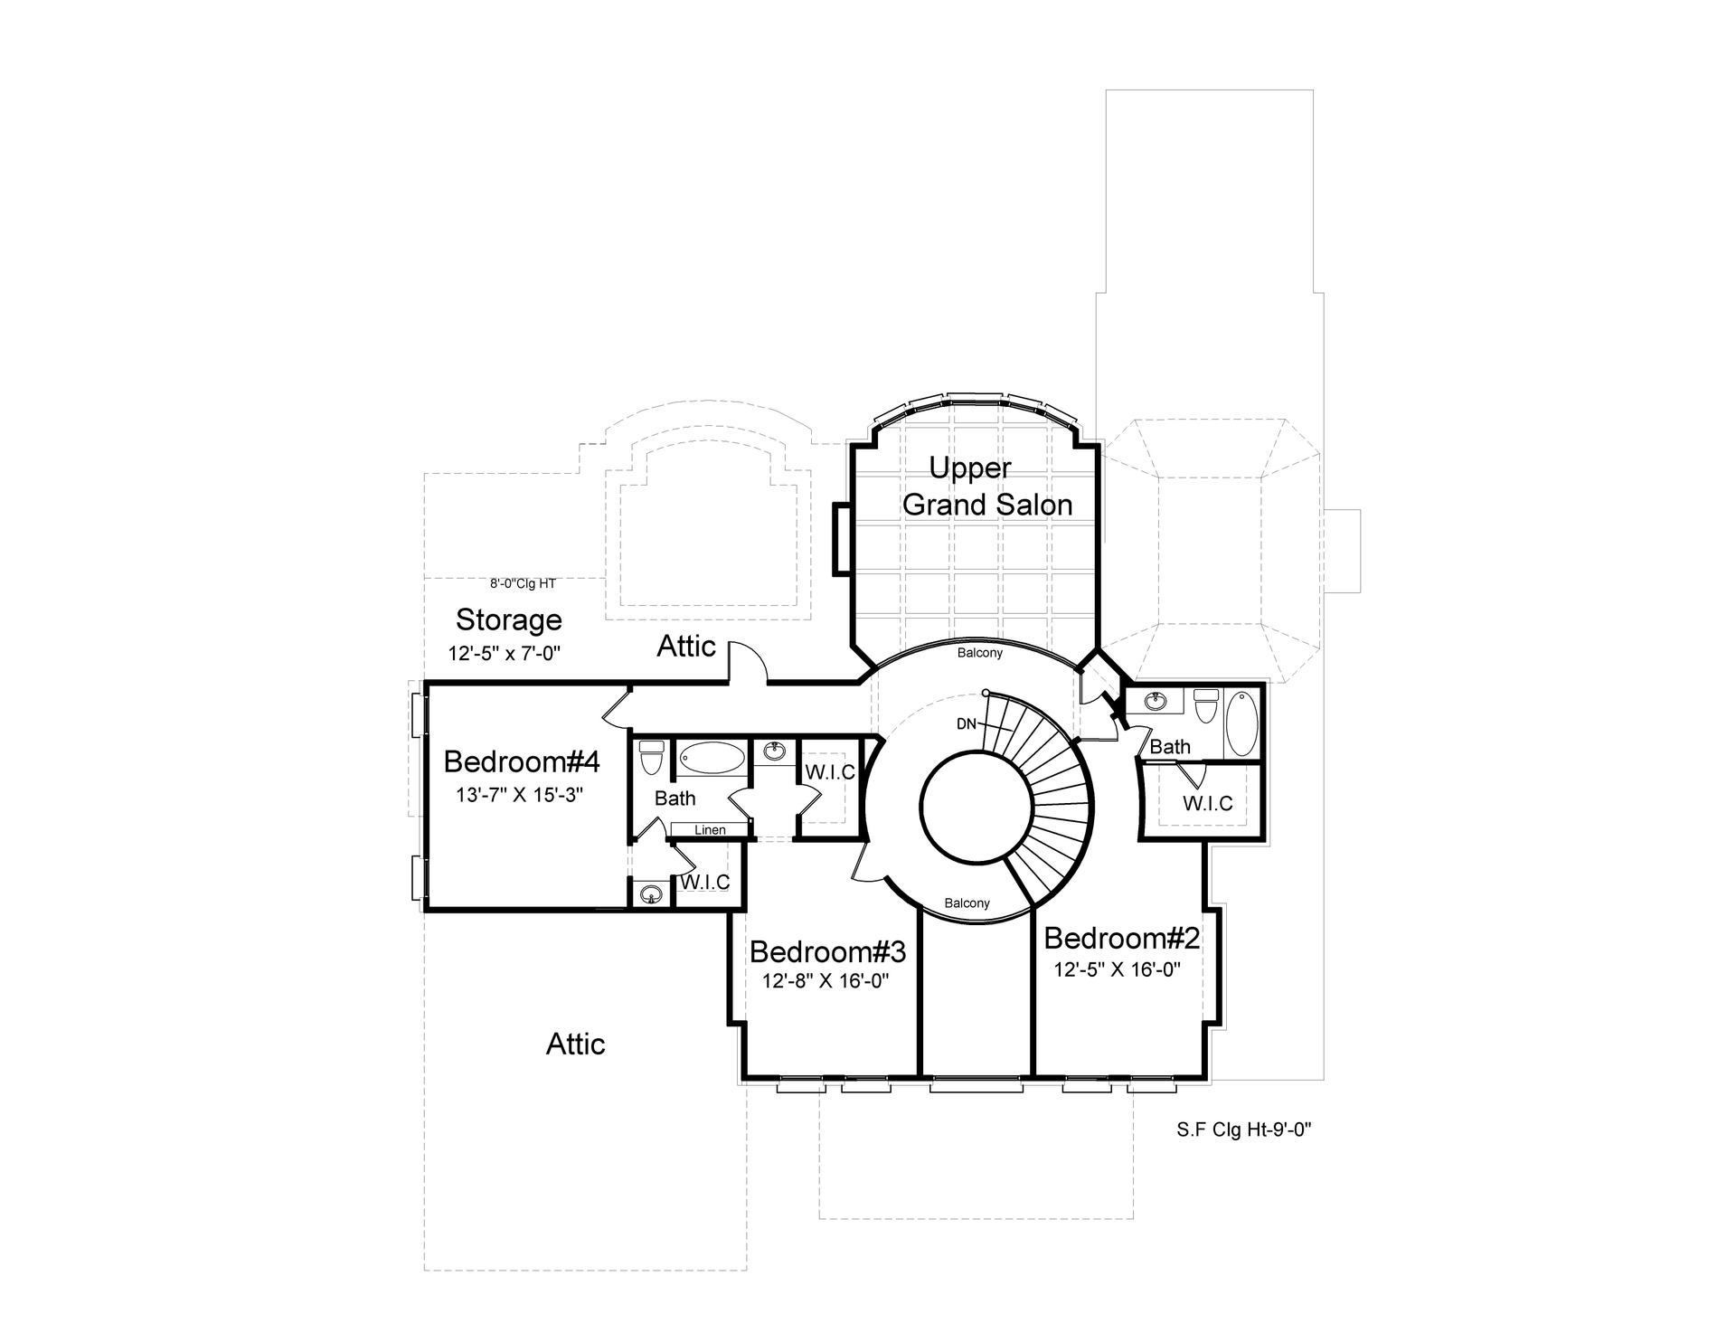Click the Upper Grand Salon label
click(x=986, y=487)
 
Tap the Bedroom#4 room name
click(x=522, y=762)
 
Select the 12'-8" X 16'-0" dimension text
click(x=826, y=982)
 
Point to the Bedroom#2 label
click(x=1121, y=939)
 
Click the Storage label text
click(x=508, y=620)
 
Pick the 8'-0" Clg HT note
click(x=523, y=584)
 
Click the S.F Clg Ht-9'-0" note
click(x=1243, y=1129)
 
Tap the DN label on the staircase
click(x=966, y=723)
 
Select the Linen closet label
click(x=710, y=830)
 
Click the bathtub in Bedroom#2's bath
click(x=1241, y=723)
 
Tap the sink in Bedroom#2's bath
click(x=1155, y=701)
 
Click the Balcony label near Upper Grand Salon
click(x=980, y=653)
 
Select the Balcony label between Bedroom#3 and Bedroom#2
click(x=967, y=903)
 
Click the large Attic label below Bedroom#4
click(x=575, y=1044)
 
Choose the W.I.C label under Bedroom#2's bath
click(x=1207, y=804)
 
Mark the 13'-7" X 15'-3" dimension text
click(x=519, y=796)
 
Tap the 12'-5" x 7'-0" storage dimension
click(x=505, y=654)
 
